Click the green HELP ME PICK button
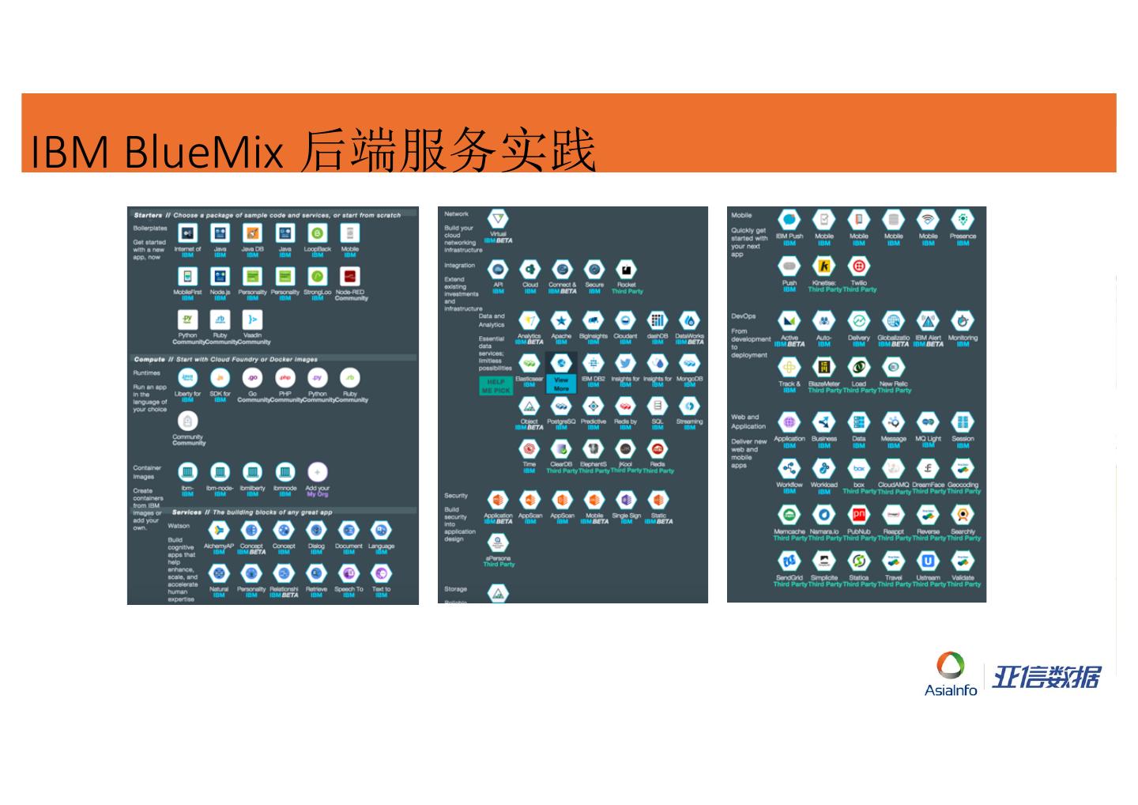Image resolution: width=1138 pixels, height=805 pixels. (x=496, y=386)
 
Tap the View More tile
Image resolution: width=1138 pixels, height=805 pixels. (x=561, y=373)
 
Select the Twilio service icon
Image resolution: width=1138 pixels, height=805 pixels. (x=859, y=266)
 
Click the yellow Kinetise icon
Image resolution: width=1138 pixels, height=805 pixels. (x=824, y=266)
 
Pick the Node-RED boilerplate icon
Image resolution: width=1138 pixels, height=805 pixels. (x=350, y=276)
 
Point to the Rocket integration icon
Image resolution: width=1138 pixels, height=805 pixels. (x=626, y=269)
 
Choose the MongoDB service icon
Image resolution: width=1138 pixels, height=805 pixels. (x=689, y=363)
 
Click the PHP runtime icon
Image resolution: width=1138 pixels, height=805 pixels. (x=284, y=377)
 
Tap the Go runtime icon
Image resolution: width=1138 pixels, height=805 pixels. (x=252, y=377)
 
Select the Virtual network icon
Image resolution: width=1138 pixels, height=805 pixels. (x=498, y=219)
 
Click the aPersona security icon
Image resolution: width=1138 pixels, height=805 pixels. (x=498, y=543)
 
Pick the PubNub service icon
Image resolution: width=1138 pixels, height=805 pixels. (x=859, y=515)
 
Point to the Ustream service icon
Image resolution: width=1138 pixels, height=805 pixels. (x=928, y=561)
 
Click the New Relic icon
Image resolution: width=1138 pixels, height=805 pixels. (x=893, y=367)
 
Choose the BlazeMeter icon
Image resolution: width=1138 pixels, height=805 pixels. (x=824, y=367)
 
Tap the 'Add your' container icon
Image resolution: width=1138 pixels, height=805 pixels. (x=317, y=472)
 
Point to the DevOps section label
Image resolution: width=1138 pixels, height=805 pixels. (x=743, y=316)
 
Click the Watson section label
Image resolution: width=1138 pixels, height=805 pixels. (x=179, y=526)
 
